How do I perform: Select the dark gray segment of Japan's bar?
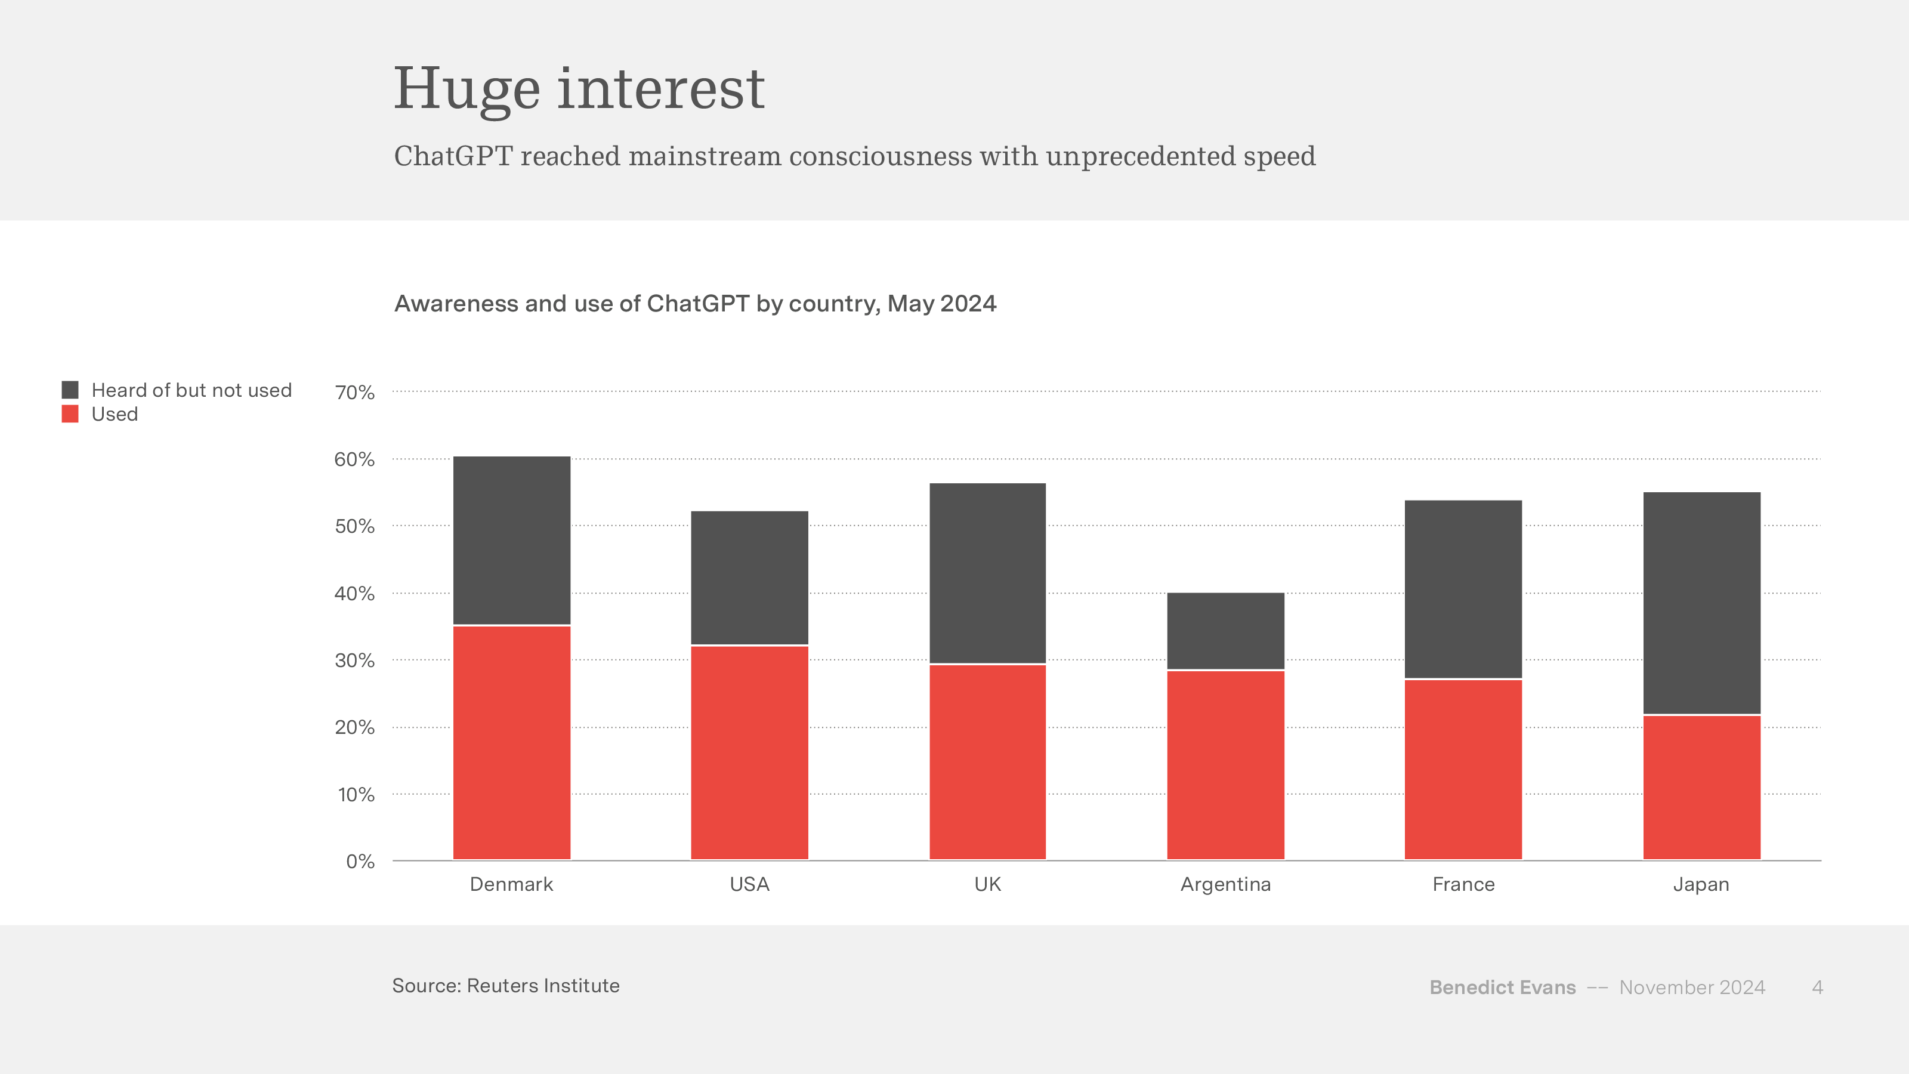pos(1701,603)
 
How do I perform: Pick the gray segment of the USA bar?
pos(749,578)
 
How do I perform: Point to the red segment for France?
pos(1463,769)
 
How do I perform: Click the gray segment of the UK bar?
pos(987,573)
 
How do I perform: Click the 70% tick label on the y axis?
pos(354,392)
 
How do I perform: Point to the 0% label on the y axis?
pos(360,861)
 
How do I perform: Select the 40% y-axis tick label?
pos(354,594)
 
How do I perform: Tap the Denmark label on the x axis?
pos(511,884)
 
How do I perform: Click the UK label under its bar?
pos(987,884)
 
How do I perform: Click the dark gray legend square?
pos(70,390)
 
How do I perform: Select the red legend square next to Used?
pos(70,413)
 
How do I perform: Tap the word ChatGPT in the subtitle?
pos(453,156)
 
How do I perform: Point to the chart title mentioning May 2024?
pos(695,304)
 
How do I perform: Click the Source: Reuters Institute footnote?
pos(505,986)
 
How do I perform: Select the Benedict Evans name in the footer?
pos(1502,987)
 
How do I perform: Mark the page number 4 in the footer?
pos(1817,987)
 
